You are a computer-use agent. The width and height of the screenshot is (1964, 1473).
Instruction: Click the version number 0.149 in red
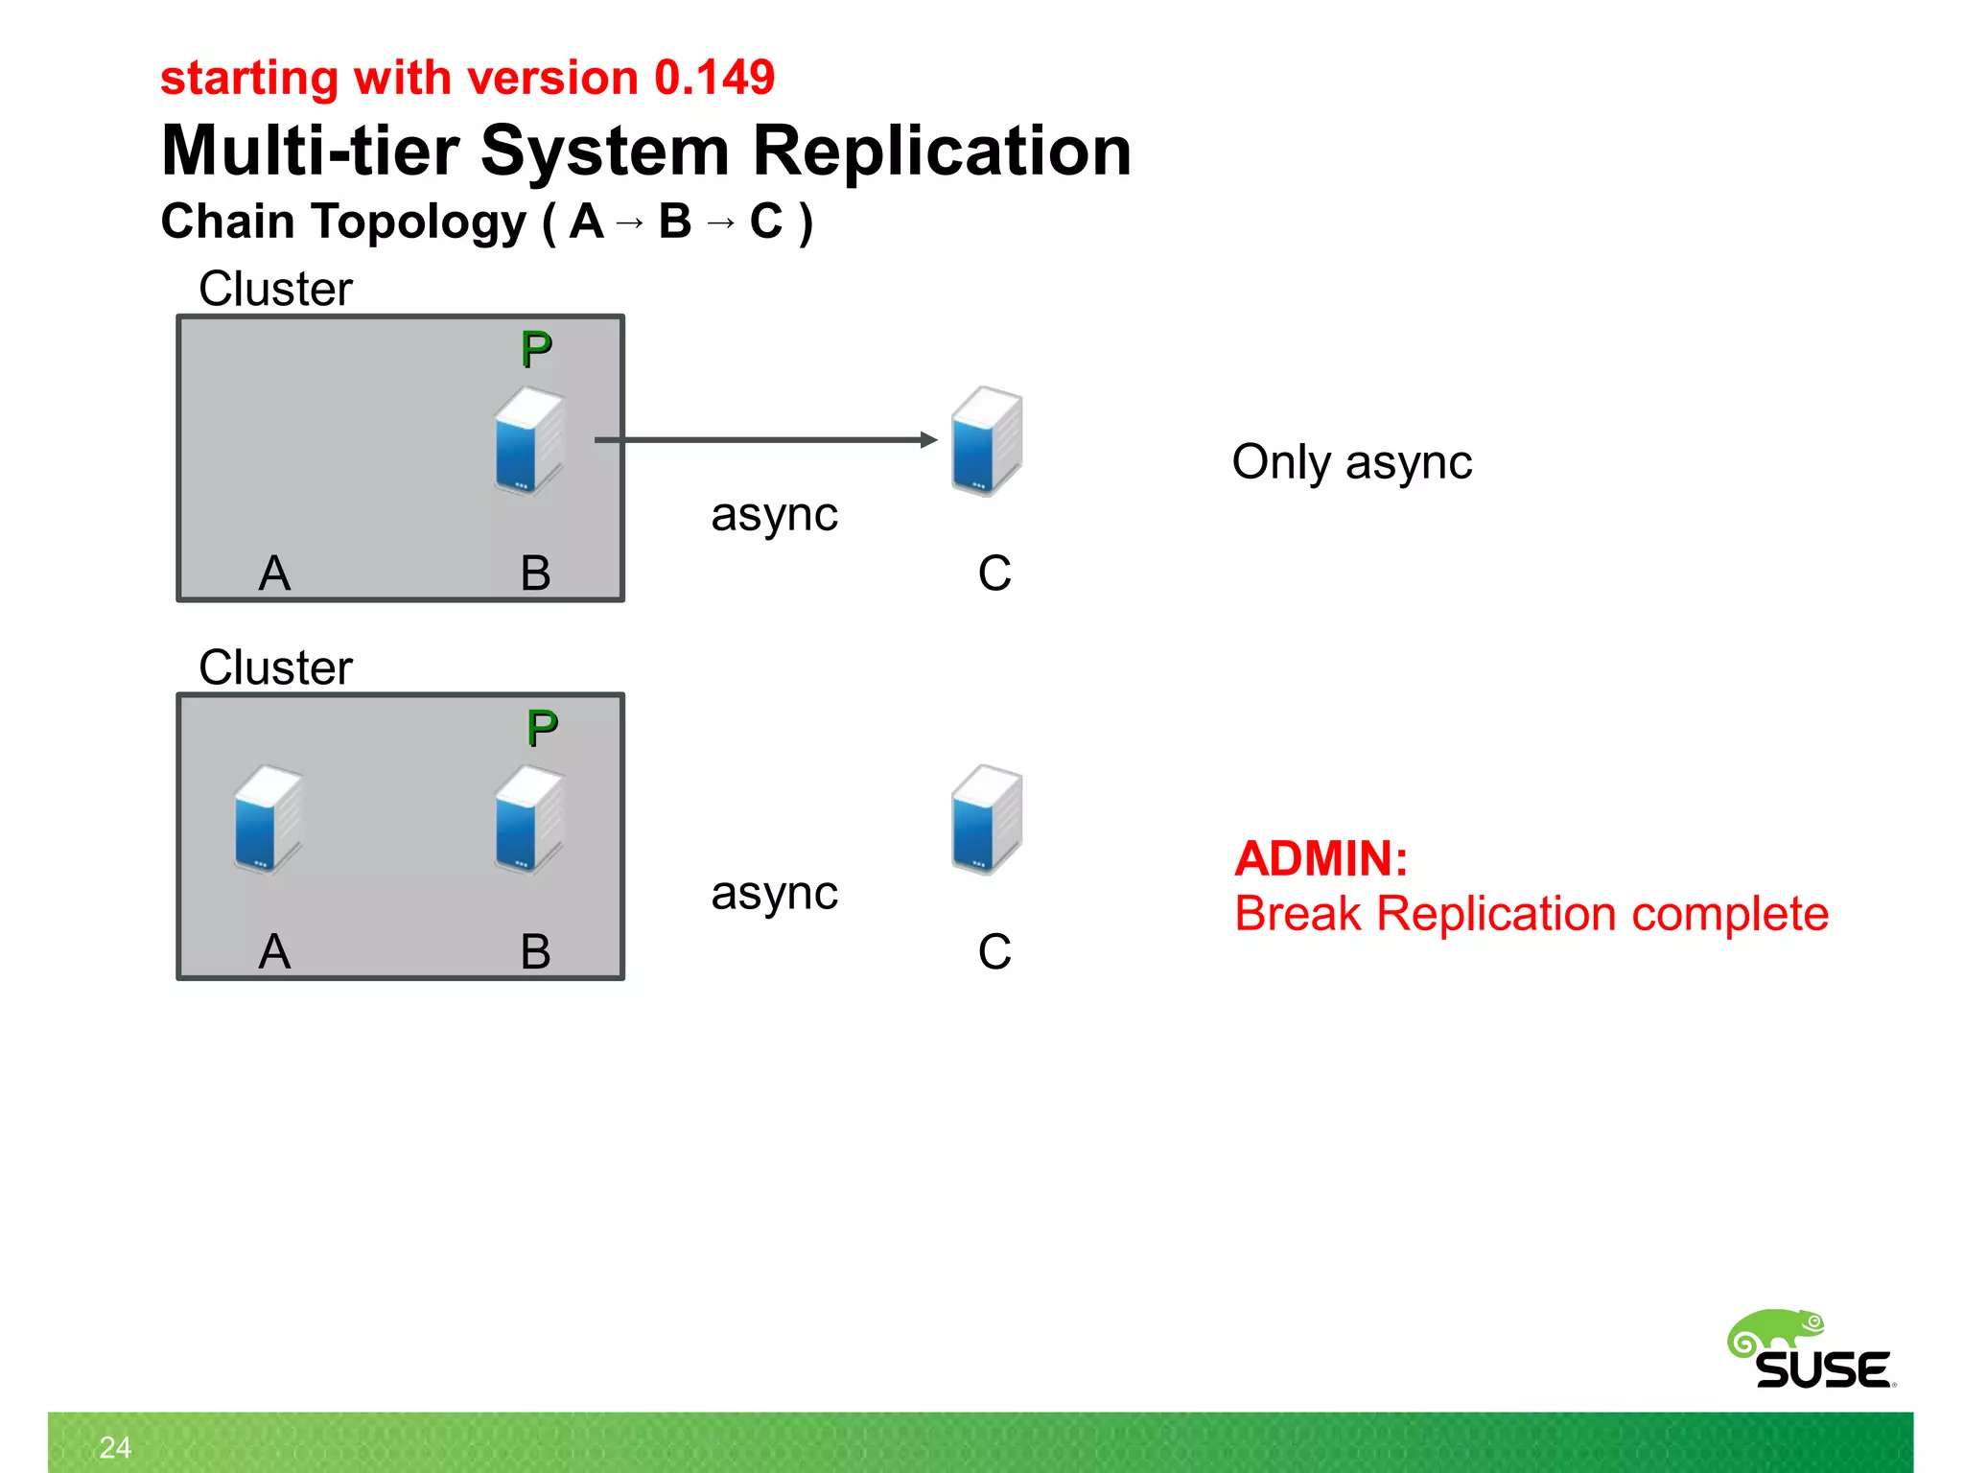713,78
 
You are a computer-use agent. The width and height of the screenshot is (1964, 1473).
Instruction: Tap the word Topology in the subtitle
418,222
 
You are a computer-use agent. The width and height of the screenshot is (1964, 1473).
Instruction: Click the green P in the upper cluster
536,350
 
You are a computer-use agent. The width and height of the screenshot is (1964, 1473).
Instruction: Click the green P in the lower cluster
542,729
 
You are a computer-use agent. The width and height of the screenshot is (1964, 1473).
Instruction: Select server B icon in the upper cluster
528,441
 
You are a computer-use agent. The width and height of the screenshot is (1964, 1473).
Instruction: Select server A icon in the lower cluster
268,820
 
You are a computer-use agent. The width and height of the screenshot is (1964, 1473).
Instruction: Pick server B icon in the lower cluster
528,820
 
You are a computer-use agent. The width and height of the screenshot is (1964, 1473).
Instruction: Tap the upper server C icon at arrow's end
987,441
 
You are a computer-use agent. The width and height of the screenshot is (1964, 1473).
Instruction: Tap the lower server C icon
987,820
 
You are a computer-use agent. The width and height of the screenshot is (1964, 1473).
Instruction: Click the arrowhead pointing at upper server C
928,440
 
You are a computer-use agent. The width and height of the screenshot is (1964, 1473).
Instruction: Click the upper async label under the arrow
774,515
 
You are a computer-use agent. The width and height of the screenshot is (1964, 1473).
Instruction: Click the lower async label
774,894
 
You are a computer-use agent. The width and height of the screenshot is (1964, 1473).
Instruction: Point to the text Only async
1351,462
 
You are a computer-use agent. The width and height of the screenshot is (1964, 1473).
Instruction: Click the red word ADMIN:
1321,858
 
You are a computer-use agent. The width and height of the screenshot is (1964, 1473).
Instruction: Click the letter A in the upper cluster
274,573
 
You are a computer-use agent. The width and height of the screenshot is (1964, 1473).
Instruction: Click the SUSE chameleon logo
1811,1350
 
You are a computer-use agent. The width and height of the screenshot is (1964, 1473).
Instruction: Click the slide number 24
115,1447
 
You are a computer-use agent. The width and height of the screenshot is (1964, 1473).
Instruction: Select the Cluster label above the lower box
275,667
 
